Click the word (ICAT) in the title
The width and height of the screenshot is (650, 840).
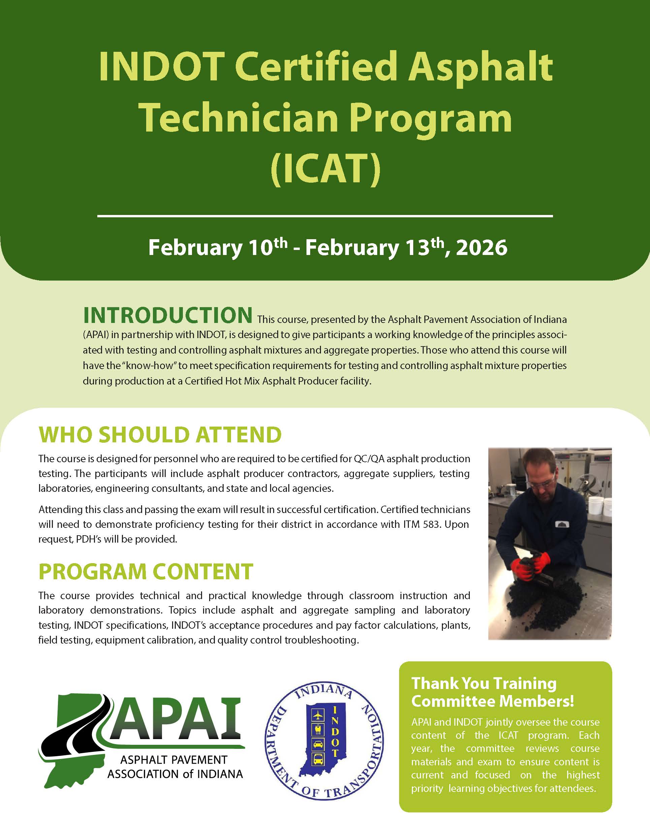(325, 169)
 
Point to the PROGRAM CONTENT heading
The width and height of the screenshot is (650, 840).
(146, 572)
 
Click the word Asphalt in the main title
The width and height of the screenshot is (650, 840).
(480, 66)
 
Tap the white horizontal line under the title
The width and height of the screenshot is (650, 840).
(325, 216)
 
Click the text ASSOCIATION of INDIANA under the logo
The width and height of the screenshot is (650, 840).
(175, 774)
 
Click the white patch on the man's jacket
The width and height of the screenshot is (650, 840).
(562, 524)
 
